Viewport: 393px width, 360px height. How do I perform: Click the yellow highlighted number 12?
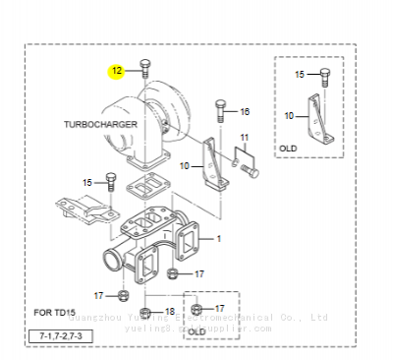117,71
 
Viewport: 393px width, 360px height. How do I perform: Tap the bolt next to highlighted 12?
144,69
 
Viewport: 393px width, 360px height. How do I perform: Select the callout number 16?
245,111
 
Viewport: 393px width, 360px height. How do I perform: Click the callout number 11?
245,136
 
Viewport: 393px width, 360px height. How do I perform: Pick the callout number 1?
218,238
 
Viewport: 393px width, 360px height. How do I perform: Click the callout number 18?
169,311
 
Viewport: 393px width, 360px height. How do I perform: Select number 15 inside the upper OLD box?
300,74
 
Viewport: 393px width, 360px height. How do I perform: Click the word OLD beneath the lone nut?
196,331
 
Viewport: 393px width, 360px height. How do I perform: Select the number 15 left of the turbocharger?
87,182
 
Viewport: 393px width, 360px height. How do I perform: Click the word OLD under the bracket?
288,149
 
